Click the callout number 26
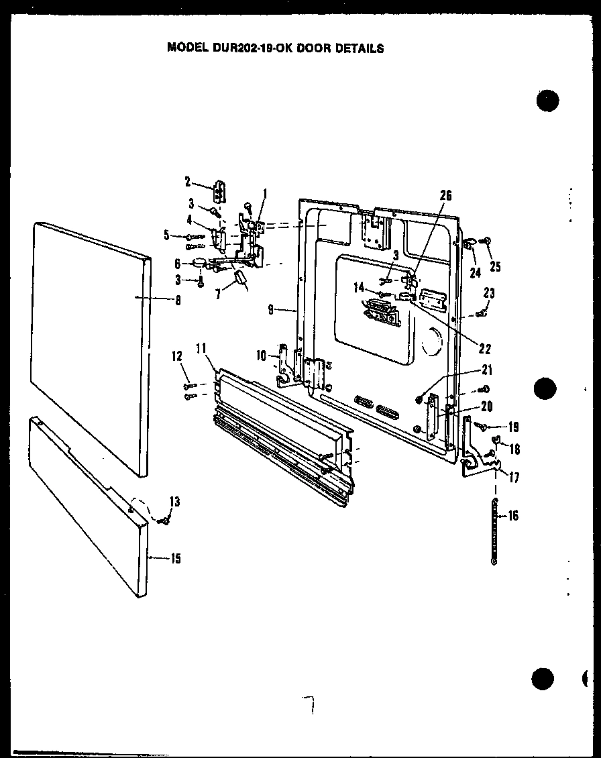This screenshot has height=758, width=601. point(446,196)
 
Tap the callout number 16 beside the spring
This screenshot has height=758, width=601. point(513,516)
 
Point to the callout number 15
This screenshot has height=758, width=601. point(175,558)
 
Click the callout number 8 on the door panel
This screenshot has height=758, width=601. point(178,301)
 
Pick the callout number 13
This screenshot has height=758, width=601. point(174,502)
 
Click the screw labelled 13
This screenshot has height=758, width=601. point(162,520)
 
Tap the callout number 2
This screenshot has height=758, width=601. point(188,180)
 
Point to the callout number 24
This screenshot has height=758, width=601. point(476,272)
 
